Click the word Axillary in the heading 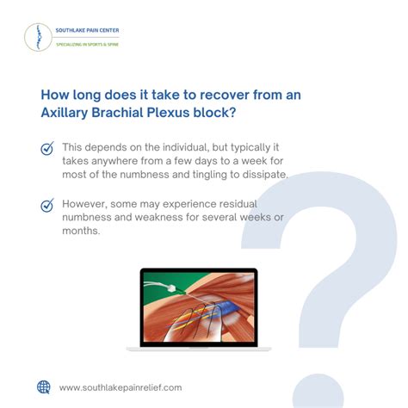pos(68,112)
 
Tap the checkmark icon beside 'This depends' pos(47,149)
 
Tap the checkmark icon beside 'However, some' pos(47,206)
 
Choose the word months pos(83,232)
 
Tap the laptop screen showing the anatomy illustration pos(199,306)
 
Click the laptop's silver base pos(199,348)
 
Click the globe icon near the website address pos(44,386)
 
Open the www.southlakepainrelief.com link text pos(121,387)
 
